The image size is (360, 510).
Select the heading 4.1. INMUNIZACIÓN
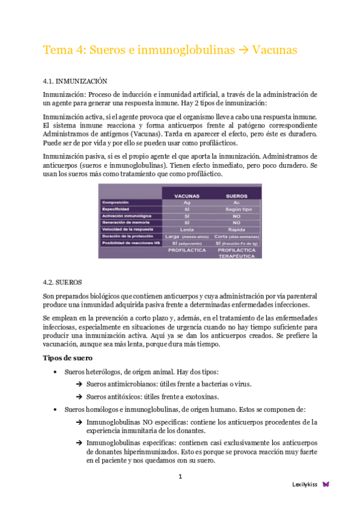[x=75, y=80]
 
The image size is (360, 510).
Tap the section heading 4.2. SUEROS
[x=63, y=281]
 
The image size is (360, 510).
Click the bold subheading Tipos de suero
[x=67, y=358]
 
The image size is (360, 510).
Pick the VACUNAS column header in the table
[x=186, y=196]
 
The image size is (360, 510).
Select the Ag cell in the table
[x=186, y=203]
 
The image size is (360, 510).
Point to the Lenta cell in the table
[x=186, y=229]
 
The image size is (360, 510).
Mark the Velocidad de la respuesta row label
[x=127, y=229]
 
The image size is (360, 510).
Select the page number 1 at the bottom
[x=180, y=476]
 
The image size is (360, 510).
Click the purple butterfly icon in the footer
[x=326, y=484]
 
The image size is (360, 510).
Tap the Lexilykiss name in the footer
[x=305, y=484]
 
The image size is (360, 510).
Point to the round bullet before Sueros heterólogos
[x=56, y=372]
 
